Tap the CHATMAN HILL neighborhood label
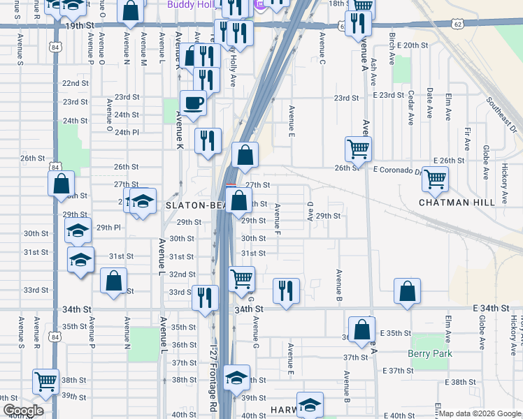457,203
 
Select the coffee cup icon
194,103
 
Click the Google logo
23,411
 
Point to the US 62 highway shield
457,24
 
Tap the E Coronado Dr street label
399,170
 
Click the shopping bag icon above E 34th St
407,291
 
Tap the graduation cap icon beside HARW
310,405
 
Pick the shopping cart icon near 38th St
45,381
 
